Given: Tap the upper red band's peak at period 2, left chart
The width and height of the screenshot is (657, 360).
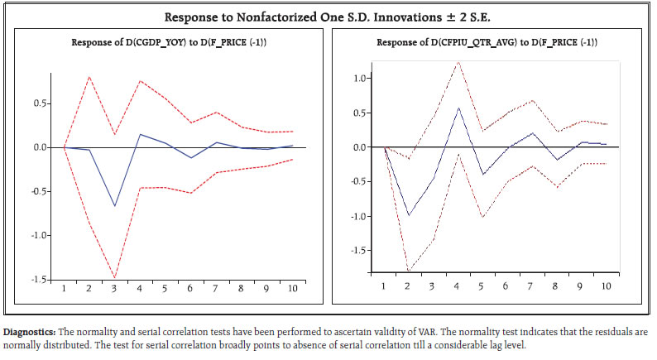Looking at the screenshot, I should [x=89, y=77].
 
